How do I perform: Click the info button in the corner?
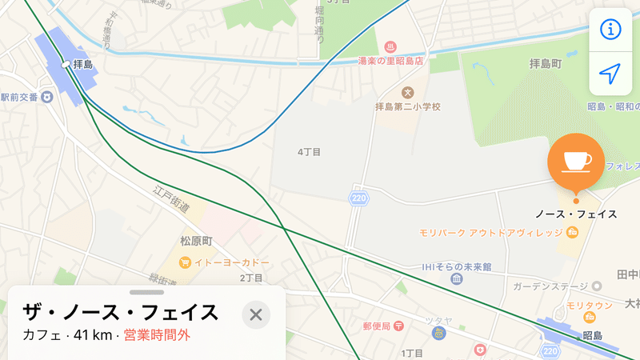610,30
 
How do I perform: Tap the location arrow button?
610,74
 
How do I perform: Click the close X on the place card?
256,314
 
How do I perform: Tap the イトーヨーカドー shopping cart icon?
185,262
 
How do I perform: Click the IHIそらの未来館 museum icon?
456,279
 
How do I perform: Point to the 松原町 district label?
196,241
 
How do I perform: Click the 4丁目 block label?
309,151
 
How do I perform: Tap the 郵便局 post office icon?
398,326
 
